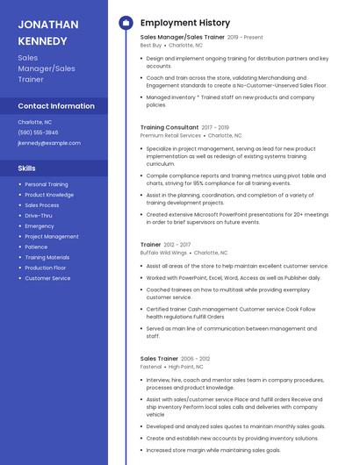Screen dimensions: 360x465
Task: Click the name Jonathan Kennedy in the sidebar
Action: pos(48,32)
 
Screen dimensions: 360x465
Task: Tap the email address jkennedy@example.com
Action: pos(49,142)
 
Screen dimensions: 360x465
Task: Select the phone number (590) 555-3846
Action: pos(38,132)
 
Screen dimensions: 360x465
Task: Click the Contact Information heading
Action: pos(56,106)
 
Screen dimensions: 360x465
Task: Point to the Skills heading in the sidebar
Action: pos(27,168)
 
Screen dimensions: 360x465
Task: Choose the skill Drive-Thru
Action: pos(39,215)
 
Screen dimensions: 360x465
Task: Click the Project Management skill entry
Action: pos(52,236)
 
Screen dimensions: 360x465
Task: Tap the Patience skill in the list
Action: pos(36,247)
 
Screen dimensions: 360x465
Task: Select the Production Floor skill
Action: pos(46,268)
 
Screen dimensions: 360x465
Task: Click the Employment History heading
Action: pos(185,23)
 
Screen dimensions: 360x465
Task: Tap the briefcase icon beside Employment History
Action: pos(126,23)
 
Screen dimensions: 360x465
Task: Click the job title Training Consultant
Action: pos(169,127)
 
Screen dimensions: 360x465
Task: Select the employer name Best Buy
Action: pos(151,45)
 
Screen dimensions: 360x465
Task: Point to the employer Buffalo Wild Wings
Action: pos(163,252)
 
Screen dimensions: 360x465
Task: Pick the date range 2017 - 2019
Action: pos(215,127)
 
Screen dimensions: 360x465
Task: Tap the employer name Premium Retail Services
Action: pos(170,136)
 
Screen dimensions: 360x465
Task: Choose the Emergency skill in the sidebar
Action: pos(39,225)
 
